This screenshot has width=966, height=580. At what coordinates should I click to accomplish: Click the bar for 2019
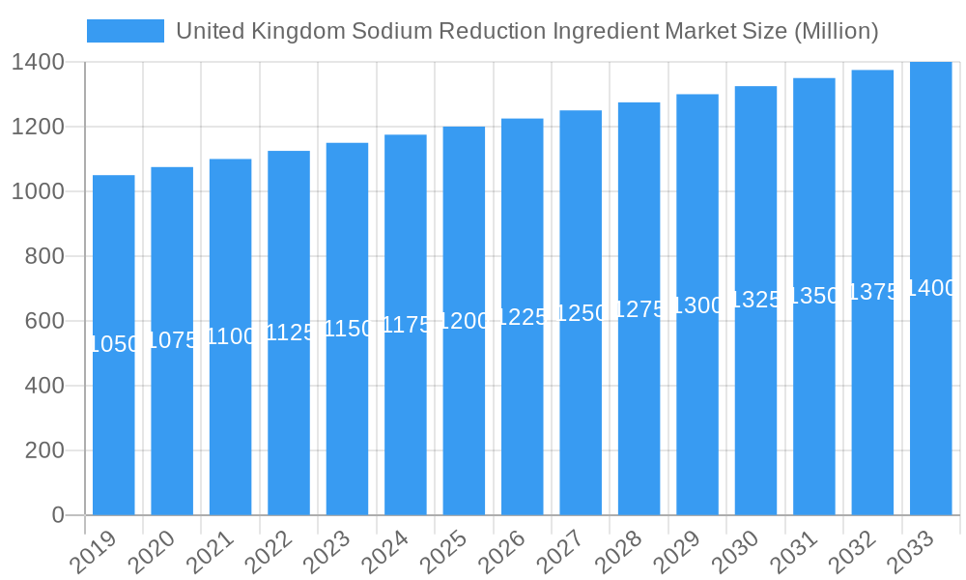click(x=114, y=425)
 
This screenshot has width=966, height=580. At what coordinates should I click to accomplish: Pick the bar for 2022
click(x=289, y=425)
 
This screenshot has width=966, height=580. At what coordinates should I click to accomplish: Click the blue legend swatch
click(x=125, y=31)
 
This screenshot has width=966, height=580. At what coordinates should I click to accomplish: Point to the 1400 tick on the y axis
click(x=38, y=62)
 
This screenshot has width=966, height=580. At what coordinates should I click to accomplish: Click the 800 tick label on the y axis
click(x=44, y=256)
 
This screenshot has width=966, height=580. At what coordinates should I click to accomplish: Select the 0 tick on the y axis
click(x=58, y=515)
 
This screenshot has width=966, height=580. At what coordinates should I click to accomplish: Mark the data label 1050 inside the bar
click(x=114, y=344)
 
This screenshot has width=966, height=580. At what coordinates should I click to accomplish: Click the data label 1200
click(x=464, y=321)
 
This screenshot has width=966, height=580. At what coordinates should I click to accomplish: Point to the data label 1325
click(x=755, y=300)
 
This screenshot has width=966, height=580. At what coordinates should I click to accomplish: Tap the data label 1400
click(x=931, y=288)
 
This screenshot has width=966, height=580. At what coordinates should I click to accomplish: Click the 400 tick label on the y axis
click(x=44, y=386)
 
